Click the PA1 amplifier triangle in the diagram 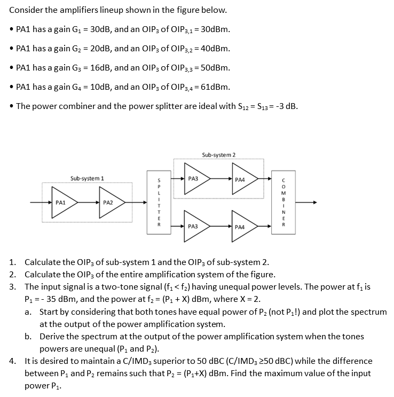pos(64,203)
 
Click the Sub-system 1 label pos(87,178)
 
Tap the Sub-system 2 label pos(218,155)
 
